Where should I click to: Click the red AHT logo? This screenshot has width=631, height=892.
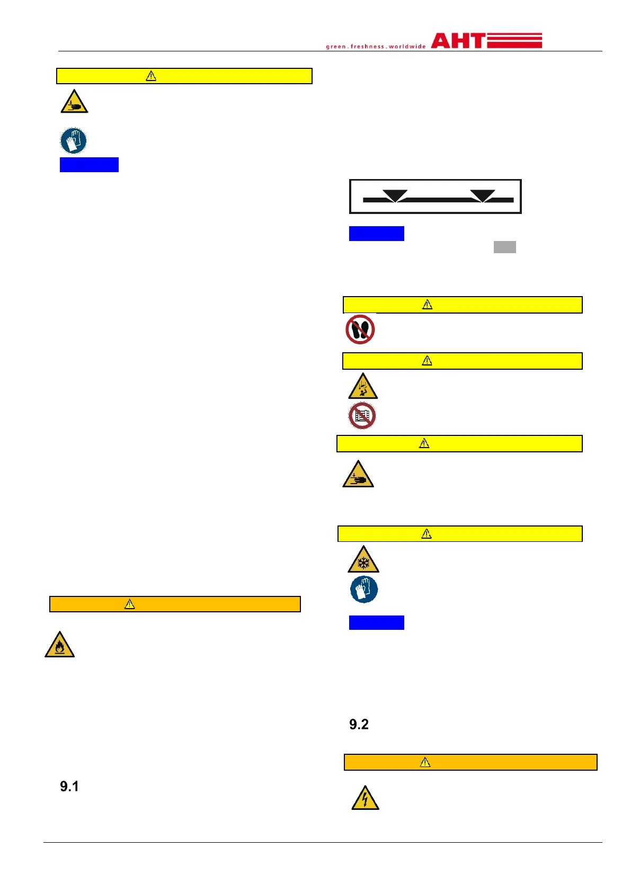click(486, 41)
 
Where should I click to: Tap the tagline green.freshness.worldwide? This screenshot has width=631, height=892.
click(376, 47)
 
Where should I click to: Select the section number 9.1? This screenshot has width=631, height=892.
click(69, 786)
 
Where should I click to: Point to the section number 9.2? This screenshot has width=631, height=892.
click(359, 724)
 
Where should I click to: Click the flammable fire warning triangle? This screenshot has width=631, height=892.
click(59, 645)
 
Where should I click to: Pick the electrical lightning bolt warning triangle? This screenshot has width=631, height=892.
click(365, 798)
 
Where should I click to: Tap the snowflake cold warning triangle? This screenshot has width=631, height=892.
click(363, 560)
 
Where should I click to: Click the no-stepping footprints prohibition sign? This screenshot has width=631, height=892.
click(360, 329)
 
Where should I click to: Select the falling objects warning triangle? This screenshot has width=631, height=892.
click(362, 386)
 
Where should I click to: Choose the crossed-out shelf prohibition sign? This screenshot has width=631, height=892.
click(362, 416)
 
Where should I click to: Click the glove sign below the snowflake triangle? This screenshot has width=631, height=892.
click(364, 589)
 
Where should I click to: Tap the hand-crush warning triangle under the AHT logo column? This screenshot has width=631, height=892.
click(358, 475)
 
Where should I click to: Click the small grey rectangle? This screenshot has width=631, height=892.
click(504, 247)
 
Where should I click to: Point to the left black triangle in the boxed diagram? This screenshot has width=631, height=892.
click(395, 195)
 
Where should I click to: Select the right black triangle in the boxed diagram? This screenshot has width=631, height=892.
click(482, 195)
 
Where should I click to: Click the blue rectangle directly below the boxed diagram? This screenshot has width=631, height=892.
click(376, 234)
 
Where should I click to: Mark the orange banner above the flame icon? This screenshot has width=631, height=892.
click(175, 604)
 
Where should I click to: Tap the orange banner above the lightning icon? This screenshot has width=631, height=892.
click(470, 762)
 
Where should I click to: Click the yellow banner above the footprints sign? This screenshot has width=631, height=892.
click(462, 305)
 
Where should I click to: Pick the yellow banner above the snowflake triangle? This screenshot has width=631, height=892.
click(459, 533)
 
